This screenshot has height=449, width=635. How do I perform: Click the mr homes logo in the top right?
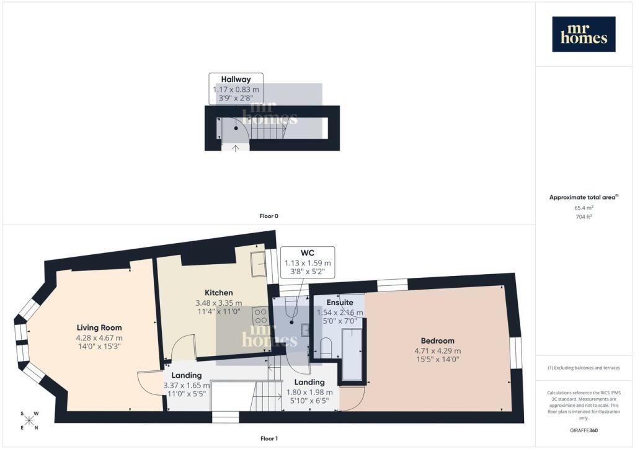tap(584, 34)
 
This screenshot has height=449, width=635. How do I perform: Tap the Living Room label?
tap(99, 327)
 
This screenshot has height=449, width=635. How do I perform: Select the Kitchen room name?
tap(219, 293)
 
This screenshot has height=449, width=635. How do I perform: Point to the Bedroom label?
tap(437, 341)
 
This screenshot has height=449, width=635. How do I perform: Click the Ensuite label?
tap(340, 303)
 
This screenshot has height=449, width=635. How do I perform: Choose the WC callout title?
tap(308, 253)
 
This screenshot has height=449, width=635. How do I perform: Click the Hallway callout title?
tap(236, 79)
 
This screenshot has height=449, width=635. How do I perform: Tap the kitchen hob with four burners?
tap(260, 316)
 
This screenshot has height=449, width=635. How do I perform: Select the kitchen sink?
tap(257, 264)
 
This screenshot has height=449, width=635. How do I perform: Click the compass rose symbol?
tap(29, 420)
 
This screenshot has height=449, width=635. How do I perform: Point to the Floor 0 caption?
tap(269, 216)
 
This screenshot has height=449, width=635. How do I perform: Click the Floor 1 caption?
tap(269, 438)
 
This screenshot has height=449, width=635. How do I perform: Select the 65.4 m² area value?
tap(584, 208)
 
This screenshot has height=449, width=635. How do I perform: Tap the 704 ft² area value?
tap(584, 216)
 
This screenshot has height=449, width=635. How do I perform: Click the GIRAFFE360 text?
tap(584, 430)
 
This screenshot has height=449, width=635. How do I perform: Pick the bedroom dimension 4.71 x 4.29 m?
tap(437, 351)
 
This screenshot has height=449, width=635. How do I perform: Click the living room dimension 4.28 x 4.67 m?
tap(99, 338)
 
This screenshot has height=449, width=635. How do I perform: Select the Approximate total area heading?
tap(584, 198)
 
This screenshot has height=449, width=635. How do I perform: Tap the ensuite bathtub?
tap(352, 355)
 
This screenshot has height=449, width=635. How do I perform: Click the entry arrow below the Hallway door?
tap(235, 148)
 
